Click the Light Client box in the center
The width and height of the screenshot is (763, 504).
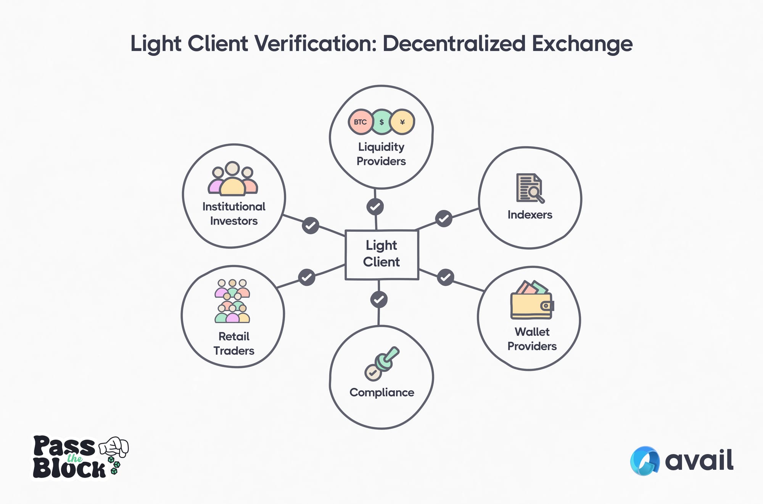pyautogui.click(x=381, y=254)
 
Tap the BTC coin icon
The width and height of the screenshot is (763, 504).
pyautogui.click(x=360, y=122)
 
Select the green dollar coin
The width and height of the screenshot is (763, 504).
pyautogui.click(x=381, y=122)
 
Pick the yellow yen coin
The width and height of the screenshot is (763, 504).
pyautogui.click(x=402, y=122)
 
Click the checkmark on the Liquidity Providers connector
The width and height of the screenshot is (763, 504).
pyautogui.click(x=375, y=207)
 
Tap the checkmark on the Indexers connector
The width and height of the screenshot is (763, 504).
pyautogui.click(x=444, y=219)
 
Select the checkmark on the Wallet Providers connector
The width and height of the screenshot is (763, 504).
pyautogui.click(x=446, y=277)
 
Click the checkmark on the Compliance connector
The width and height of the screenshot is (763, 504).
pyautogui.click(x=379, y=299)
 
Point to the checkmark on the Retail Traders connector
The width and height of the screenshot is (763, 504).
pyautogui.click(x=307, y=277)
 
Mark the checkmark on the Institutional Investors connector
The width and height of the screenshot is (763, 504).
pyautogui.click(x=311, y=225)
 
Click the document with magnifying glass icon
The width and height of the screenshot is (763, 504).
pyautogui.click(x=530, y=188)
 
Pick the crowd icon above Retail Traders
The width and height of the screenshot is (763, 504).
pyautogui.click(x=232, y=301)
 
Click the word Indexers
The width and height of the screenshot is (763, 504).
pyautogui.click(x=530, y=215)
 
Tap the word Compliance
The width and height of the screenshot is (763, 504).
pyautogui.click(x=381, y=392)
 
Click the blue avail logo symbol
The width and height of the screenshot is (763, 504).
pyautogui.click(x=645, y=461)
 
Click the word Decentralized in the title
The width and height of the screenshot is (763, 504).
pyautogui.click(x=454, y=43)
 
